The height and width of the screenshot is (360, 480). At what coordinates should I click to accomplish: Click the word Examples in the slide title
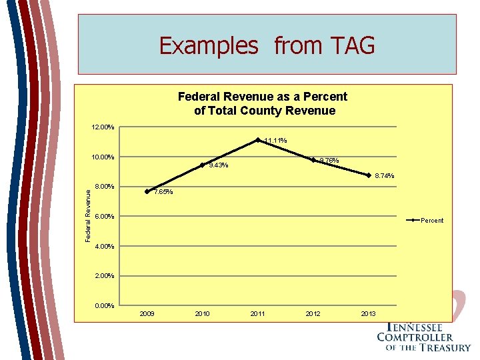coord(208,46)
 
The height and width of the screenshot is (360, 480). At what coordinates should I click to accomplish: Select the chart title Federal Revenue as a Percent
coord(263,97)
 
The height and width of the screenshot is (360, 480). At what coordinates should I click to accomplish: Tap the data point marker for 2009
coord(147,191)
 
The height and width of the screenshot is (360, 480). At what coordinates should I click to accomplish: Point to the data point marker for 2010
coord(203,165)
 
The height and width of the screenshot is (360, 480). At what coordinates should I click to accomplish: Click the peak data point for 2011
coord(258,140)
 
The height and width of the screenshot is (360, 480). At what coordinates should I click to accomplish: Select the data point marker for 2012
coord(313,160)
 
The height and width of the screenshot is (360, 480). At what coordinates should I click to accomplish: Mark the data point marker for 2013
coord(369,175)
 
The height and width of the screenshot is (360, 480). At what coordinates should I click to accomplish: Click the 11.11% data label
coord(275,141)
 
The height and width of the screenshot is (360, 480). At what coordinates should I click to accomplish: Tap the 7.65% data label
coord(163,193)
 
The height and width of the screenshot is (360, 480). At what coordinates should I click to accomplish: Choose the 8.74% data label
coord(384,177)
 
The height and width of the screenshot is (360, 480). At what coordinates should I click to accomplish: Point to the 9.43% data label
coord(219,166)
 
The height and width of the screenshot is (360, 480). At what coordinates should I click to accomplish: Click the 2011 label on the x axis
coord(258,313)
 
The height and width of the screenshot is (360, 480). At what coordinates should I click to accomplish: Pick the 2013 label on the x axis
coord(369,313)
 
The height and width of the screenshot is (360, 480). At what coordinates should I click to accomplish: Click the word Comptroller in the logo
coord(414,337)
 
